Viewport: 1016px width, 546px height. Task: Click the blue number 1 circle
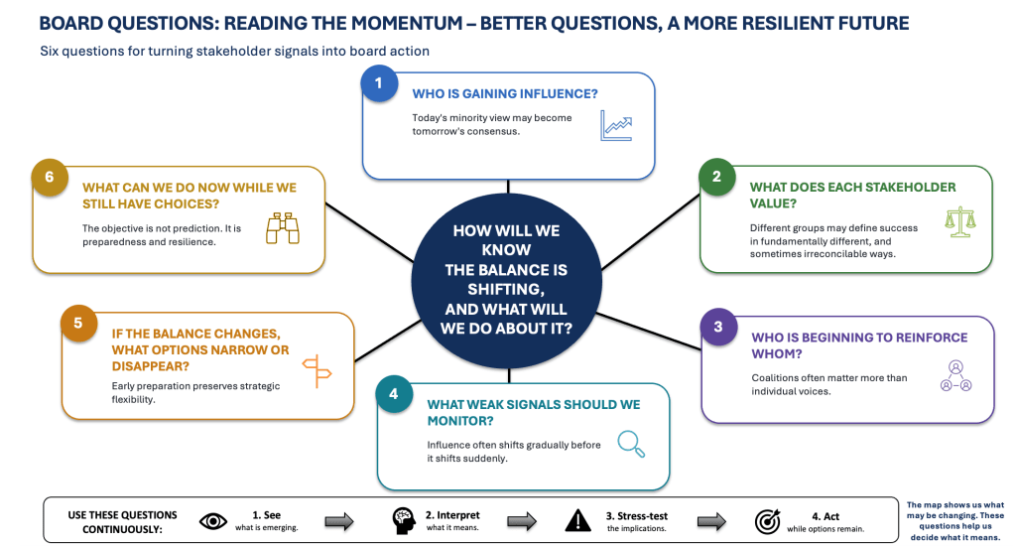pyautogui.click(x=379, y=83)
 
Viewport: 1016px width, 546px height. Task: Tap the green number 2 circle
pyautogui.click(x=716, y=177)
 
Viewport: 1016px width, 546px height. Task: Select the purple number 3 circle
pyautogui.click(x=718, y=327)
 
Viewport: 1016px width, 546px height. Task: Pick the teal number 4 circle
pyautogui.click(x=393, y=393)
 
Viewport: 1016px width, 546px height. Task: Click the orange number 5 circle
pyautogui.click(x=78, y=323)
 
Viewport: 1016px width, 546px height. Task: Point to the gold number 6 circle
pyautogui.click(x=50, y=177)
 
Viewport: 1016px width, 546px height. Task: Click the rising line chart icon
pyautogui.click(x=615, y=126)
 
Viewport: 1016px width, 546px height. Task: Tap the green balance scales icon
pyautogui.click(x=960, y=222)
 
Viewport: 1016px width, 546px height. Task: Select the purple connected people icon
pyautogui.click(x=955, y=376)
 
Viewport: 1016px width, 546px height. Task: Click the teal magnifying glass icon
pyautogui.click(x=631, y=444)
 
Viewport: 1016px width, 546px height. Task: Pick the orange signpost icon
pyautogui.click(x=317, y=371)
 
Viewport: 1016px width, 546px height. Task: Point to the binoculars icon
pyautogui.click(x=283, y=228)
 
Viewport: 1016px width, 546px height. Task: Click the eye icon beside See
pyautogui.click(x=213, y=521)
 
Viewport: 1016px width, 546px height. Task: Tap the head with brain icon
pyautogui.click(x=403, y=521)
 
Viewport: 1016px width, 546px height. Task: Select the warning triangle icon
pyautogui.click(x=578, y=520)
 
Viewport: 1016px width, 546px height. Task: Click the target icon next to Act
pyautogui.click(x=768, y=521)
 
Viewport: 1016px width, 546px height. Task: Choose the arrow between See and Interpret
pyautogui.click(x=339, y=521)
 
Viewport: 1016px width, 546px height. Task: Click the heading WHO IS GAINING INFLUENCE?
pyautogui.click(x=505, y=94)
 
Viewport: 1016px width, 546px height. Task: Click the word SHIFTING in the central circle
pyautogui.click(x=506, y=289)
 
